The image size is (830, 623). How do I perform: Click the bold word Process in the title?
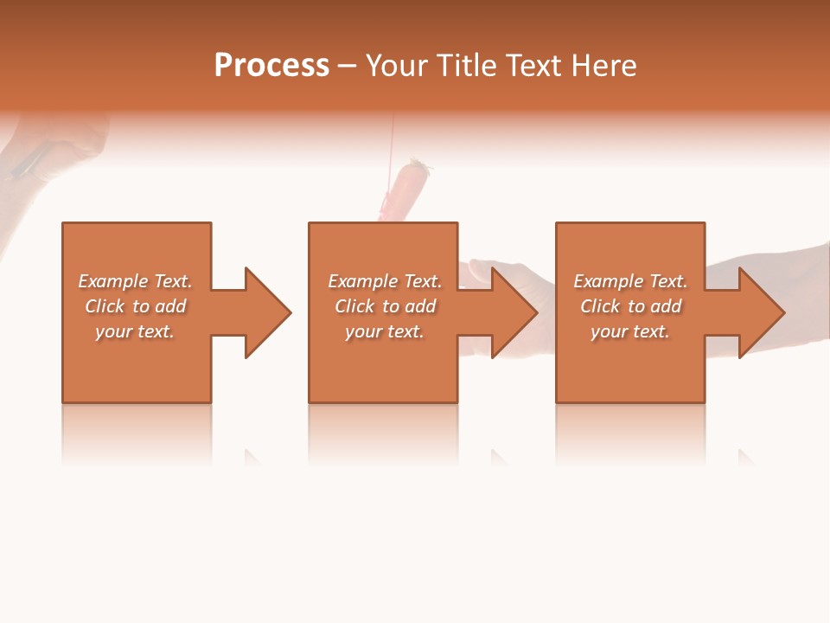pyautogui.click(x=271, y=66)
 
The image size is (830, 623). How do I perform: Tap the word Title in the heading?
pyautogui.click(x=464, y=66)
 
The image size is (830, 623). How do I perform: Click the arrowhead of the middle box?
pyautogui.click(x=514, y=312)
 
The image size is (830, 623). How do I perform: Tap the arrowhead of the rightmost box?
pyautogui.click(x=761, y=312)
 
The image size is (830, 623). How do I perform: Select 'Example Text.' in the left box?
pyautogui.click(x=135, y=281)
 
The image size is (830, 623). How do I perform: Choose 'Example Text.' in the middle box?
pyautogui.click(x=384, y=281)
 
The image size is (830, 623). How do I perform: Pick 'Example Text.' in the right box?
pyautogui.click(x=630, y=281)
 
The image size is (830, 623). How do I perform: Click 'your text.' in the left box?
pyautogui.click(x=135, y=331)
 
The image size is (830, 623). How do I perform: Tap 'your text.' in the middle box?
pyautogui.click(x=384, y=331)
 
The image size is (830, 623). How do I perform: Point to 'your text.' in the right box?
pyautogui.click(x=630, y=331)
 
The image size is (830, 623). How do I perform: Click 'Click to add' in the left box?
pyautogui.click(x=135, y=306)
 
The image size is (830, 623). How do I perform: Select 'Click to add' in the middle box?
pyautogui.click(x=384, y=306)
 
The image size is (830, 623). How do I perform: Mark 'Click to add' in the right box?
pyautogui.click(x=630, y=306)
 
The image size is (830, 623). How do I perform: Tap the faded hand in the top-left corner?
pyautogui.click(x=52, y=147)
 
